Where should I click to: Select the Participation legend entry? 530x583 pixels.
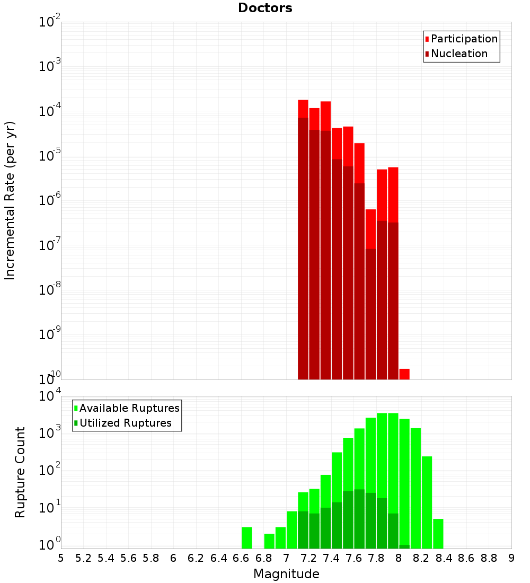coord(464,39)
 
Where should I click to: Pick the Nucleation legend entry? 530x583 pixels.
coord(458,54)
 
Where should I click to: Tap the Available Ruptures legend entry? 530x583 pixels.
coord(129,408)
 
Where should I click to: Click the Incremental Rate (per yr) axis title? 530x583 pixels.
coord(10,200)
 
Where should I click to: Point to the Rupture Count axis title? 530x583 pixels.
coord(20,472)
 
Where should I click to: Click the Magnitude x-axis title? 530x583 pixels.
coord(286,574)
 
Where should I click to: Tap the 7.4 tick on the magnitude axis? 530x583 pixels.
coord(331,558)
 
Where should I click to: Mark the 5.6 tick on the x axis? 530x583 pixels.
coord(128,558)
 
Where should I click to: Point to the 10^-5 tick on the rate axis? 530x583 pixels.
coord(49,156)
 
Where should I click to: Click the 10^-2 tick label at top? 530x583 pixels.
coord(49,22)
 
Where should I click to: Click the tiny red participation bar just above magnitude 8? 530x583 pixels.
coord(404,374)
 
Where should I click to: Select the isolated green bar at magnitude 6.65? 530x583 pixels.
coord(246,537)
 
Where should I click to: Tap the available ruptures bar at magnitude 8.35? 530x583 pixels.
coord(438,534)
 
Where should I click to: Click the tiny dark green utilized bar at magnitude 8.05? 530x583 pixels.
coord(404,546)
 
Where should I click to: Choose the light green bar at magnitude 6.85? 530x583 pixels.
coord(269,541)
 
